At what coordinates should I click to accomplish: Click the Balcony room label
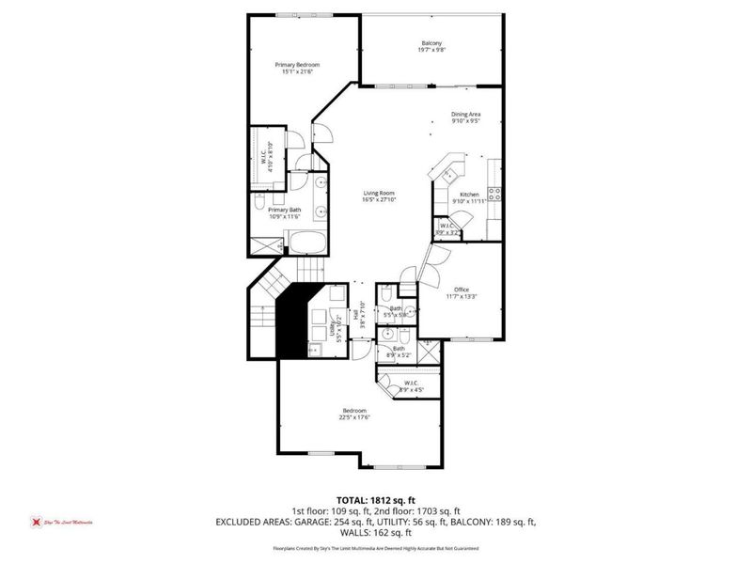click(431, 44)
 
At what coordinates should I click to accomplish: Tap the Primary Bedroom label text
click(297, 65)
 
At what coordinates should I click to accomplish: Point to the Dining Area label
click(465, 114)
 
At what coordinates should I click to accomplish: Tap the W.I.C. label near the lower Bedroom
click(411, 383)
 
